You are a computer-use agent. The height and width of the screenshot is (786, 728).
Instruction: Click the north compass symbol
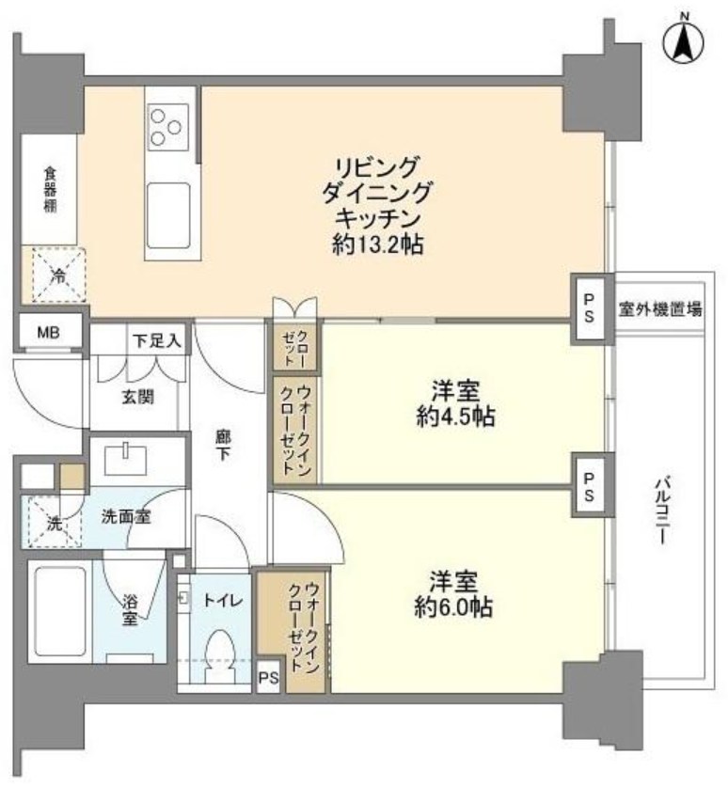(684, 41)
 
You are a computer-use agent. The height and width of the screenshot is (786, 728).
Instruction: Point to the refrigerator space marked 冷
(56, 275)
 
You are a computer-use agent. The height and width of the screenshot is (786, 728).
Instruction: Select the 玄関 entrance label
(137, 396)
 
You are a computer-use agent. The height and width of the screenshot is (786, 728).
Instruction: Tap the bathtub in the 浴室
(59, 611)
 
